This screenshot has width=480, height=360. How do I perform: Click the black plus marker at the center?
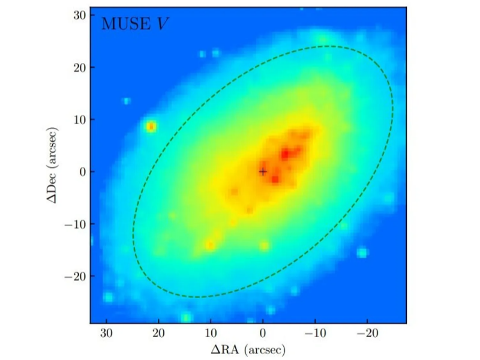[263, 172]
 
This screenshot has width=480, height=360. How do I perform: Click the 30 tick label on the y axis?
[80, 14]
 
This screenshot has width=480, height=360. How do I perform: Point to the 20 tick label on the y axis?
[80, 67]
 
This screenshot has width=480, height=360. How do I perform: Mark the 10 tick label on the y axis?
[80, 119]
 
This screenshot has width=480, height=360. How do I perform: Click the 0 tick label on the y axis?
[83, 172]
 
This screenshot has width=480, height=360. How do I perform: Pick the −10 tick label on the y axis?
[76, 224]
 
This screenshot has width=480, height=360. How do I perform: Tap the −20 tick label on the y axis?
[76, 276]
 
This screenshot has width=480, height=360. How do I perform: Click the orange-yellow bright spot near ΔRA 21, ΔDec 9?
[151, 126]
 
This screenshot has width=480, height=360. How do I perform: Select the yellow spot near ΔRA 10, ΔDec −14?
[210, 245]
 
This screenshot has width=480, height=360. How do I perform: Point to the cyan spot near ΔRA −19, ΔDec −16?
[362, 253]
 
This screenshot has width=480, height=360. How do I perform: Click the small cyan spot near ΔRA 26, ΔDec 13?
[127, 101]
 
